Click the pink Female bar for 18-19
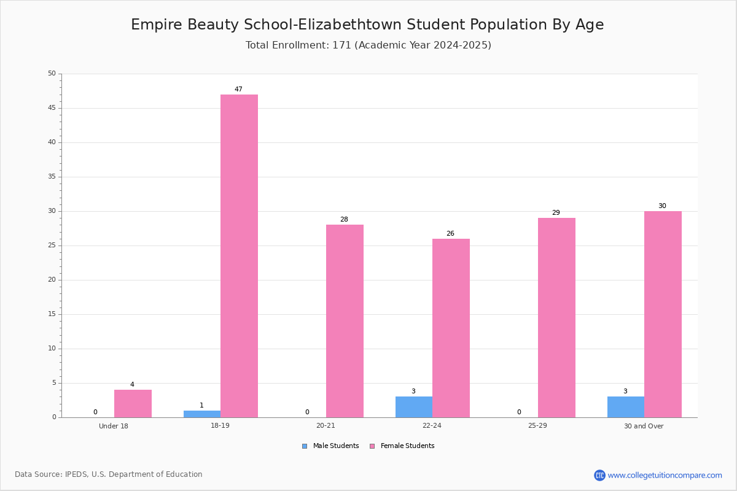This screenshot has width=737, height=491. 239,256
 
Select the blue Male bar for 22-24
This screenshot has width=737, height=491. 414,407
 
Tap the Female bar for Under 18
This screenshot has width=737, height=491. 133,403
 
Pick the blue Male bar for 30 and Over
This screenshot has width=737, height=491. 626,407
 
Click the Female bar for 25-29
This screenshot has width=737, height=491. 556,318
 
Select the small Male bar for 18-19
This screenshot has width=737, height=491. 202,414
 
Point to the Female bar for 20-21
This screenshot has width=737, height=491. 345,321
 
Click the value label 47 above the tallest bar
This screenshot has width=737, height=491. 238,89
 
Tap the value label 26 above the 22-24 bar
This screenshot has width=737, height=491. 450,233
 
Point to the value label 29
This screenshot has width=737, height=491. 556,212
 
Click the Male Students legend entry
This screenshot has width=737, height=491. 330,446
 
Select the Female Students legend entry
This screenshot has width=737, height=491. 402,446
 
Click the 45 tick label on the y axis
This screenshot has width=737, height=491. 52,108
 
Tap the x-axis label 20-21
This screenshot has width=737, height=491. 326,425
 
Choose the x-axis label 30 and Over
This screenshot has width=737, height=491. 644,426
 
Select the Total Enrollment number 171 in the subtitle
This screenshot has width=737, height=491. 342,45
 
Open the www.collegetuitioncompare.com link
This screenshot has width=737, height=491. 665,475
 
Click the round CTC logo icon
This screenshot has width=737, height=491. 600,475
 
